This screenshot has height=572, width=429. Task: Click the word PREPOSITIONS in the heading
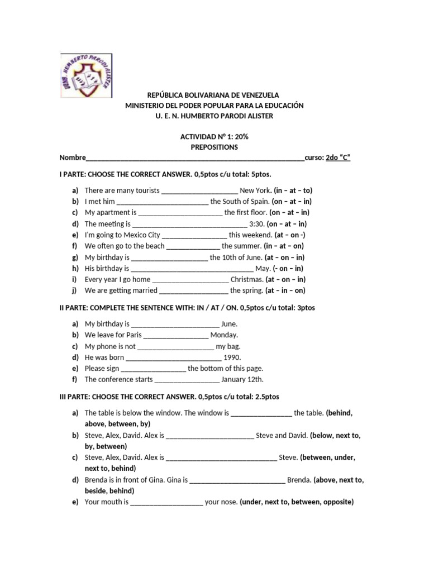pyautogui.click(x=214, y=147)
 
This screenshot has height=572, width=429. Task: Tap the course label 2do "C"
pyautogui.click(x=338, y=158)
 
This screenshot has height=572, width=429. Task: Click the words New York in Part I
pyautogui.click(x=255, y=190)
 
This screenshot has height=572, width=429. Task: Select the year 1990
pyautogui.click(x=232, y=357)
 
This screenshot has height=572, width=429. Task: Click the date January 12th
pyautogui.click(x=242, y=380)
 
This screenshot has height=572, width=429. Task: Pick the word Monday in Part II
pyautogui.click(x=224, y=335)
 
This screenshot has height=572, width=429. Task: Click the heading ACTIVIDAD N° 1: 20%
pyautogui.click(x=214, y=136)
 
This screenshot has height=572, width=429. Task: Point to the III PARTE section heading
pyautogui.click(x=169, y=397)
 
